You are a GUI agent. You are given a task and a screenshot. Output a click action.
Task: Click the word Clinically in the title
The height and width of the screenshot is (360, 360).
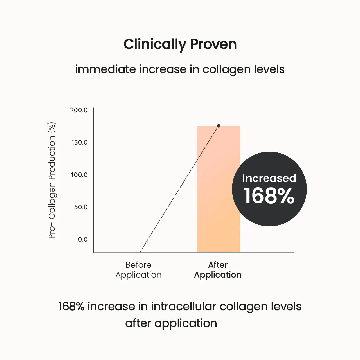click(155, 44)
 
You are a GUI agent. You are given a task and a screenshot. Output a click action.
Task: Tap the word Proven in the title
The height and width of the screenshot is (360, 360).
click(213, 44)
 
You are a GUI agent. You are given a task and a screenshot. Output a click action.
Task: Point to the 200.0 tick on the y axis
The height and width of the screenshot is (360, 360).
click(79, 110)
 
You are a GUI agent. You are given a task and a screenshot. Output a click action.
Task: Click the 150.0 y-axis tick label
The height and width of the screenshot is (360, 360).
click(79, 142)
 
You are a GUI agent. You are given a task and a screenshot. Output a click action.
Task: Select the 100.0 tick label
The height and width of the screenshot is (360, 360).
click(79, 175)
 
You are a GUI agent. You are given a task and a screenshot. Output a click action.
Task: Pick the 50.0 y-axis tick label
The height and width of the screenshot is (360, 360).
click(81, 207)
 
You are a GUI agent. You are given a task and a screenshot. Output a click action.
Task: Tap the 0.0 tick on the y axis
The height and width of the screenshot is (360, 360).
click(83, 239)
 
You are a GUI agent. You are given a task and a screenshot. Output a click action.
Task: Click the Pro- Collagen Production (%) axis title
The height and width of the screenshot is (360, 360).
click(52, 180)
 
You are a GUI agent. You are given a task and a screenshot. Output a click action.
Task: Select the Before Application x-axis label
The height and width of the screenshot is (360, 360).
click(138, 270)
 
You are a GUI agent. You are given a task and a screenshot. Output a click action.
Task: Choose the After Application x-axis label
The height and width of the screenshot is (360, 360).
click(218, 270)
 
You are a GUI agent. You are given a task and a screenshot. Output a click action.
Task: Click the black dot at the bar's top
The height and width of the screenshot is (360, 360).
click(219, 126)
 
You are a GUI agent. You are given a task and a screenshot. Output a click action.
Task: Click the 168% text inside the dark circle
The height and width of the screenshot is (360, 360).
click(269, 196)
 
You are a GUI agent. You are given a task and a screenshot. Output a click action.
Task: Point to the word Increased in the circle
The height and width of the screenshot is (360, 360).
click(269, 178)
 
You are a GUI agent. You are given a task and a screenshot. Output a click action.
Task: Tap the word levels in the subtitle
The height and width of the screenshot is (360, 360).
click(269, 69)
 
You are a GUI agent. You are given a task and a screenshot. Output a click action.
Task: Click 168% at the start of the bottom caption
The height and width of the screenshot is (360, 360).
click(71, 306)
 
